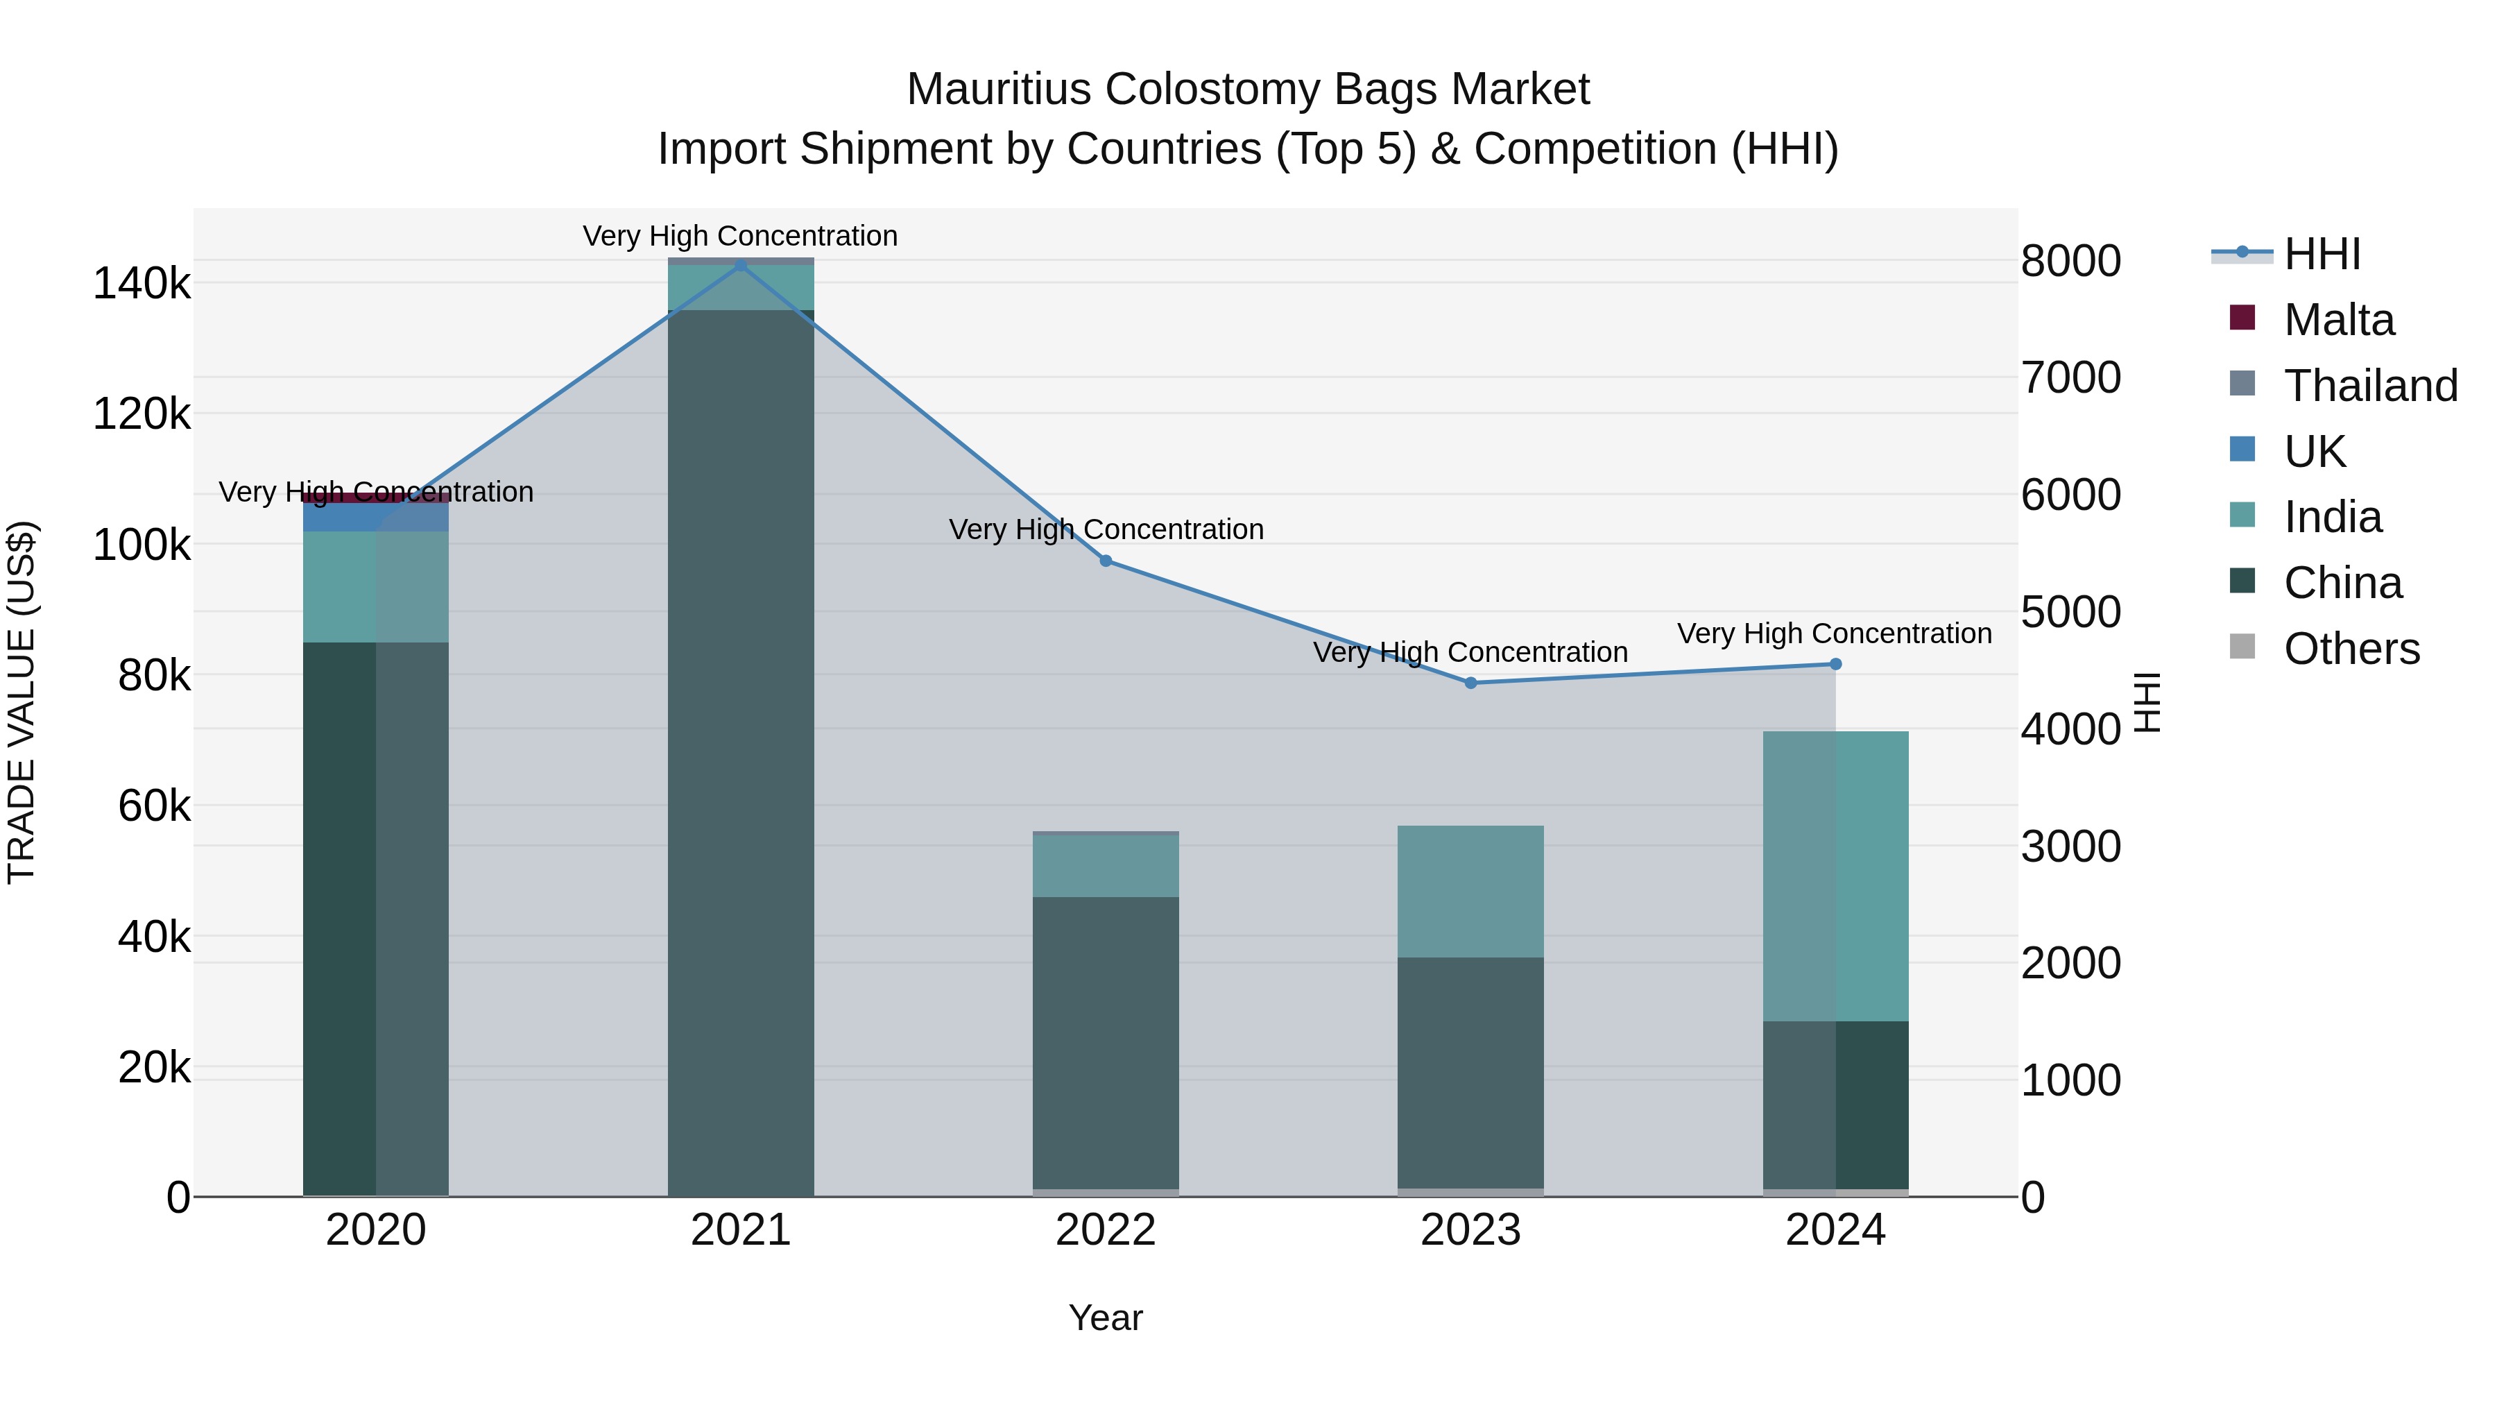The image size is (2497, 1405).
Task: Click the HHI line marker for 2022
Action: [x=1106, y=561]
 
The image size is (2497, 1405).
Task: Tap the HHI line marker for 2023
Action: [x=1470, y=683]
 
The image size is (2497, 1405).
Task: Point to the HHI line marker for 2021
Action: [x=741, y=265]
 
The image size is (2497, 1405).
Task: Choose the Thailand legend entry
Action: [x=2369, y=386]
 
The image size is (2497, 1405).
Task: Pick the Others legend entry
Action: [x=2350, y=649]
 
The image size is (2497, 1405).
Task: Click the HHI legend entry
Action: [x=2321, y=254]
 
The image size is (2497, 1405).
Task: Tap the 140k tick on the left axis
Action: [x=141, y=284]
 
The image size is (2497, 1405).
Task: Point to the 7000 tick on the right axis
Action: [x=2070, y=377]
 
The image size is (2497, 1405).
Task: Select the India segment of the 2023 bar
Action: [x=1470, y=892]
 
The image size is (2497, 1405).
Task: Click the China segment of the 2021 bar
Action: [x=741, y=756]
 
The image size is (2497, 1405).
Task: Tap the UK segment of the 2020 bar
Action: [x=376, y=517]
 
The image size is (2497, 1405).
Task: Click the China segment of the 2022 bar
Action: [x=1106, y=1042]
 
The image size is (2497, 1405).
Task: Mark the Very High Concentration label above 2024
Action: [x=1834, y=634]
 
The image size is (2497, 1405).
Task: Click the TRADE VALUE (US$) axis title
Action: [x=22, y=702]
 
